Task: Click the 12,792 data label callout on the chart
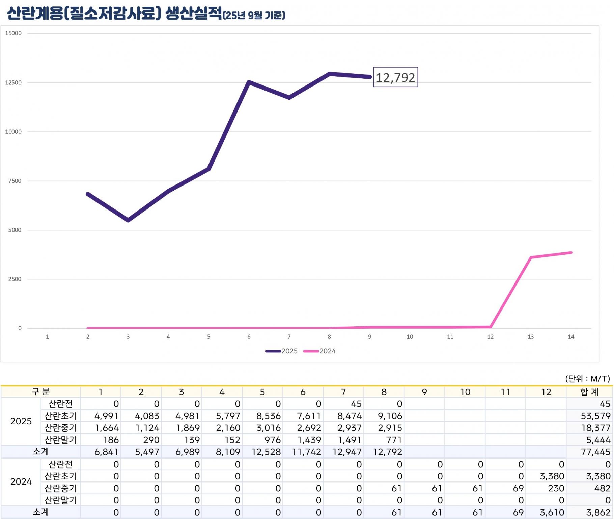[395, 77]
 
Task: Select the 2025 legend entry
[281, 351]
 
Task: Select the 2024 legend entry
[319, 351]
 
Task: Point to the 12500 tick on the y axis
[13, 83]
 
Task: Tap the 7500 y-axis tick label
[15, 181]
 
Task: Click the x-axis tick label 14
[571, 337]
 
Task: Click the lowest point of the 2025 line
[128, 221]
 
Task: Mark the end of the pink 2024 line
[571, 253]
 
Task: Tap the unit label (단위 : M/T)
[587, 378]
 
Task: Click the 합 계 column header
[589, 392]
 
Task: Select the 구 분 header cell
[40, 392]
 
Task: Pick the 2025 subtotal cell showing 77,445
[595, 452]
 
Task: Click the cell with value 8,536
[268, 416]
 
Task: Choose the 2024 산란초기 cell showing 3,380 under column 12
[552, 476]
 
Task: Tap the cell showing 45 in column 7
[356, 404]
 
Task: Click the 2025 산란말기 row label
[61, 440]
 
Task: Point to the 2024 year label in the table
[21, 481]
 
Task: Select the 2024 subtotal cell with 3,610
[552, 512]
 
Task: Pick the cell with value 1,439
[309, 440]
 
